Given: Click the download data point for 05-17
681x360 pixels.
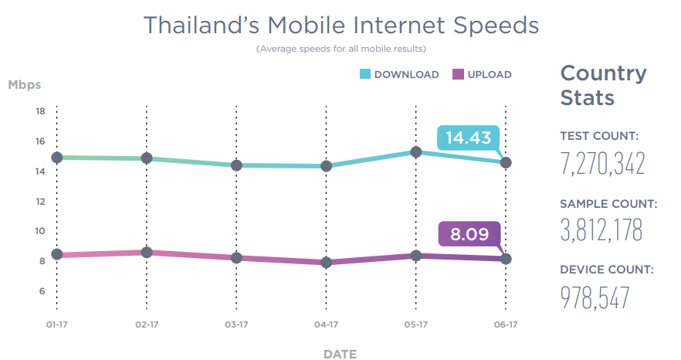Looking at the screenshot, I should click(416, 152).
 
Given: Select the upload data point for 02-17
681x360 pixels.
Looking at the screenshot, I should click(146, 253).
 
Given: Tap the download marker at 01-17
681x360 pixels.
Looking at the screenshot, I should click(56, 158).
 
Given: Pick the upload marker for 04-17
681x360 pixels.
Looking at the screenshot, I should click(326, 263).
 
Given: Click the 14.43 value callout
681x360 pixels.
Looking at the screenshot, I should click(468, 138).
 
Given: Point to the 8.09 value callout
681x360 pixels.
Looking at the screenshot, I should click(469, 234).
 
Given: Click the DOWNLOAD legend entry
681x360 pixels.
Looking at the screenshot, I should click(399, 75).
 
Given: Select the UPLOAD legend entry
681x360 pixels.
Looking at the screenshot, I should click(482, 75).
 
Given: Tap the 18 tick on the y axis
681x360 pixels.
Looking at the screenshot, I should click(40, 111).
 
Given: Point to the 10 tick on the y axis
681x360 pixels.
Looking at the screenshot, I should click(40, 231).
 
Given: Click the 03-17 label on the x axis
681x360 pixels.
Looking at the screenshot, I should click(236, 325).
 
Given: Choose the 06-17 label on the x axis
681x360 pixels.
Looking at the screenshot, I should click(506, 325).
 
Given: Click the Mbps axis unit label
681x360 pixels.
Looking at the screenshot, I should click(25, 84).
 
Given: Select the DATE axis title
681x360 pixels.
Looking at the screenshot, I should click(340, 354).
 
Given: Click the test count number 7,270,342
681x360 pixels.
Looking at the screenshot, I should click(602, 165).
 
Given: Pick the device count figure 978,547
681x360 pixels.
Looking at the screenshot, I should click(595, 297).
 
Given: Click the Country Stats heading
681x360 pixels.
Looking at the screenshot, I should click(603, 86).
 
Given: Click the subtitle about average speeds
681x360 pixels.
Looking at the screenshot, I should click(341, 49).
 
